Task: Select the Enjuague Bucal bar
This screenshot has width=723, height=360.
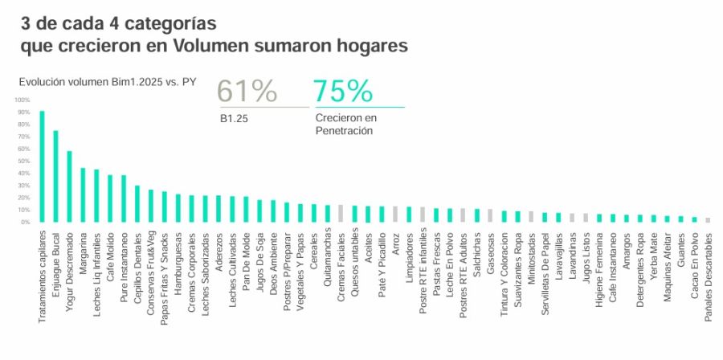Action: click(55, 176)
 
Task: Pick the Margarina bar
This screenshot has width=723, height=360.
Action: click(83, 194)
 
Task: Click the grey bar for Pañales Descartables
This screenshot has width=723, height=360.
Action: click(708, 220)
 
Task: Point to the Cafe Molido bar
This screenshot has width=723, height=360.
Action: click(110, 198)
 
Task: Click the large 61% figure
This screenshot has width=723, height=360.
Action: click(247, 92)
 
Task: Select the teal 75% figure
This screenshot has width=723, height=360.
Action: click(343, 92)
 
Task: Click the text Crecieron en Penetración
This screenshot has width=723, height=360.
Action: click(345, 124)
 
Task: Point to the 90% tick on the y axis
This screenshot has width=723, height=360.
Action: click(22, 112)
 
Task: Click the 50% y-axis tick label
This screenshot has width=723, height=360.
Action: click(22, 161)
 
